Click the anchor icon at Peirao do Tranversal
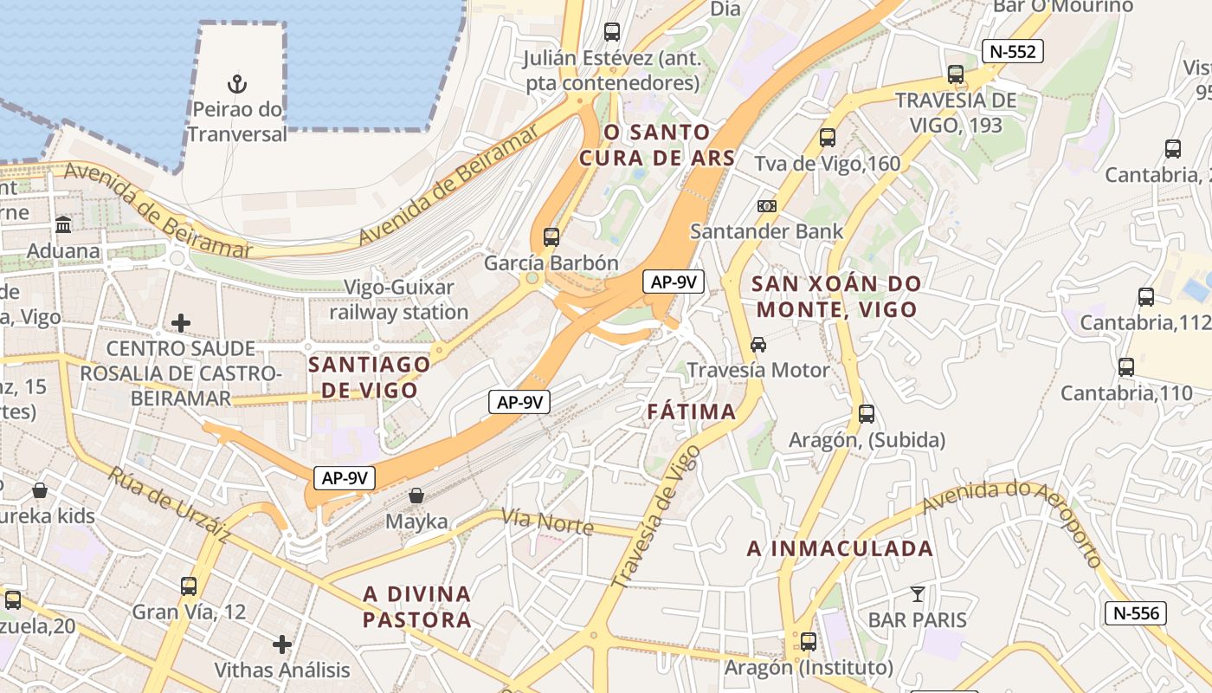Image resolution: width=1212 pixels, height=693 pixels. pyautogui.click(x=236, y=84)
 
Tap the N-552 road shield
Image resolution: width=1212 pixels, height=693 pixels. pyautogui.click(x=1012, y=52)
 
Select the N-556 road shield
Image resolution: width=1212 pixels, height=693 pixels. pyautogui.click(x=1136, y=613)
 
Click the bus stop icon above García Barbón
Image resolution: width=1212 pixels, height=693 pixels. pyautogui.click(x=551, y=236)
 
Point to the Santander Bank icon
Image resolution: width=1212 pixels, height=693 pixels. pyautogui.click(x=766, y=206)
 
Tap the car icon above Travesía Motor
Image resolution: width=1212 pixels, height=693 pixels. pyautogui.click(x=758, y=345)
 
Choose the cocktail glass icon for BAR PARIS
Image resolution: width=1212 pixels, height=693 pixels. pyautogui.click(x=918, y=594)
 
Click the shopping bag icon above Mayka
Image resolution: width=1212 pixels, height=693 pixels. pyautogui.click(x=416, y=496)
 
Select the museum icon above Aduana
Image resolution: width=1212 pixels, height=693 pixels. pyautogui.click(x=63, y=225)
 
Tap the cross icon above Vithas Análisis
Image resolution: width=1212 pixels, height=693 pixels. pyautogui.click(x=281, y=644)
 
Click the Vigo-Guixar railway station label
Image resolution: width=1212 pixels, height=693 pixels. pyautogui.click(x=398, y=299)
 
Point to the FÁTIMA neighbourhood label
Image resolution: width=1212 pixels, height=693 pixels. pyautogui.click(x=692, y=411)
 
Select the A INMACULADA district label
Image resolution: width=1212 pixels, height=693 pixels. pyautogui.click(x=840, y=548)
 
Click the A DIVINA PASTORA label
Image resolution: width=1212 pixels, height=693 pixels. pyautogui.click(x=417, y=606)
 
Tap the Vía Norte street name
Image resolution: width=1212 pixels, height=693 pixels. pyautogui.click(x=547, y=522)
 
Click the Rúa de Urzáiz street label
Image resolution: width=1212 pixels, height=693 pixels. pyautogui.click(x=168, y=505)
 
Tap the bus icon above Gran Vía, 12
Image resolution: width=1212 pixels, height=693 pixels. pyautogui.click(x=189, y=586)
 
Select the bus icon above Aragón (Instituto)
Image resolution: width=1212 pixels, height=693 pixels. pyautogui.click(x=808, y=642)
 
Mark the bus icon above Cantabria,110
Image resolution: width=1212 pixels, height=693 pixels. pyautogui.click(x=1126, y=367)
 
